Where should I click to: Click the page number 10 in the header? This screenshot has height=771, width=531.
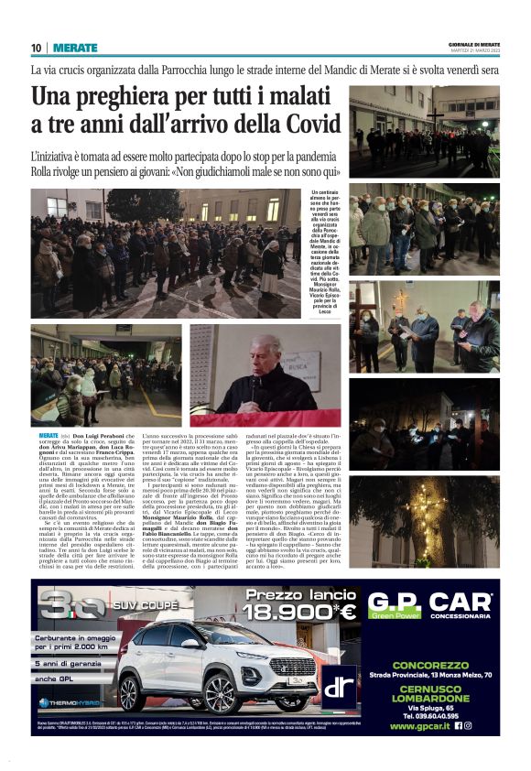36,48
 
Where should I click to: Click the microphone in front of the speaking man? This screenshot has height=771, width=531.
253,381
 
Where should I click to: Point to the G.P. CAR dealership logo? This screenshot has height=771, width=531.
430,607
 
